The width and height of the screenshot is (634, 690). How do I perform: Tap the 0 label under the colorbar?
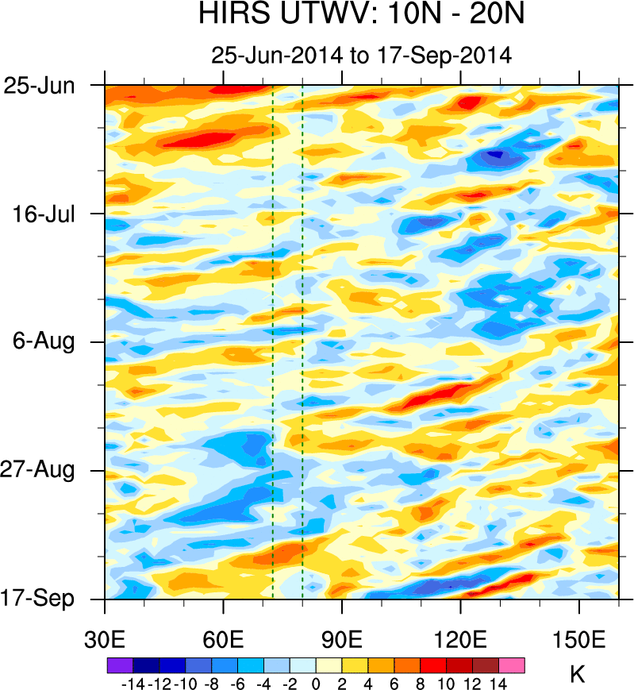[316, 682]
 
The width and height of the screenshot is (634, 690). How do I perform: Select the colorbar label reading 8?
[421, 682]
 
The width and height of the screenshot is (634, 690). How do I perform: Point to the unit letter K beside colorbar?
[578, 675]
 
